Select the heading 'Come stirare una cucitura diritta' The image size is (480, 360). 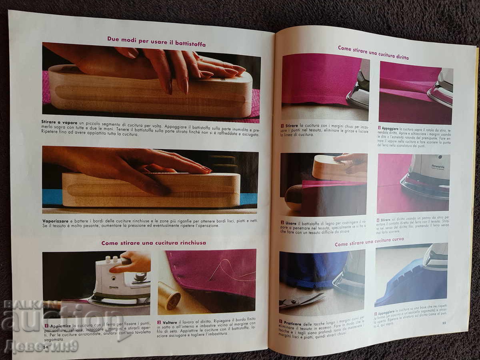point(373,53)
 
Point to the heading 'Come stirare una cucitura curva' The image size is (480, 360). point(369,241)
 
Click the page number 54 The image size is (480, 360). point(45,347)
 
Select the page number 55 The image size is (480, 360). point(444,322)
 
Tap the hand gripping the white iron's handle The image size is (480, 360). point(132,262)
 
